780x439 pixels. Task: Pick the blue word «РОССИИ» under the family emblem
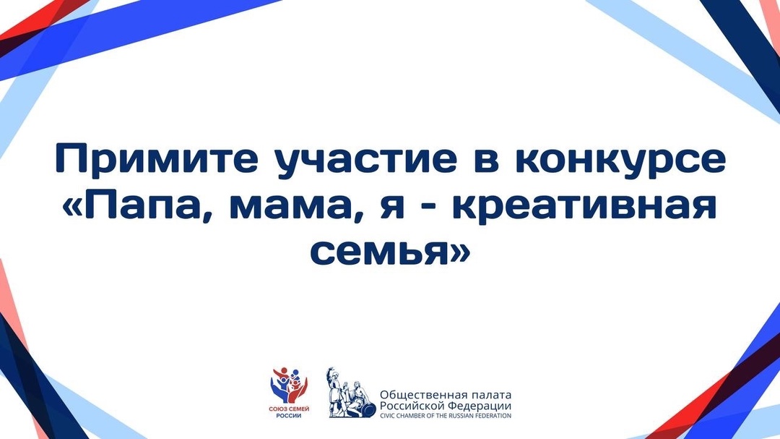coord(289,417)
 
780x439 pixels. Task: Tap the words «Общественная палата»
coord(446,395)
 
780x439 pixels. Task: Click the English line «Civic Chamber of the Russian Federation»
coord(446,416)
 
